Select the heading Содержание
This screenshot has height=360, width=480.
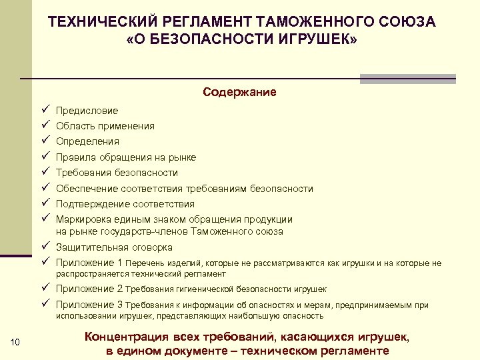point(239,92)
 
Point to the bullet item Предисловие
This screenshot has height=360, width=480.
point(87,111)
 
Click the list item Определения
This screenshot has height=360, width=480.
point(87,141)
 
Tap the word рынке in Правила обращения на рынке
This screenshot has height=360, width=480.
point(182,157)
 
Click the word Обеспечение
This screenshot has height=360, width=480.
point(85,189)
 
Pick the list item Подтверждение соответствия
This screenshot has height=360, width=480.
point(125,204)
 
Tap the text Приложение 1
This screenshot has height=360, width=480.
point(89,263)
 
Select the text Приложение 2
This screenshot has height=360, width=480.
point(89,289)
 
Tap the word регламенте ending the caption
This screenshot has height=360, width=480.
point(349,351)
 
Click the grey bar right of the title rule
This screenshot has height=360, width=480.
point(407,78)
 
